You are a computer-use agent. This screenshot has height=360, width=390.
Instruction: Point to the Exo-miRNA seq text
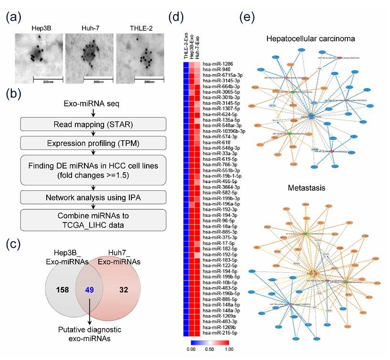90,103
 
